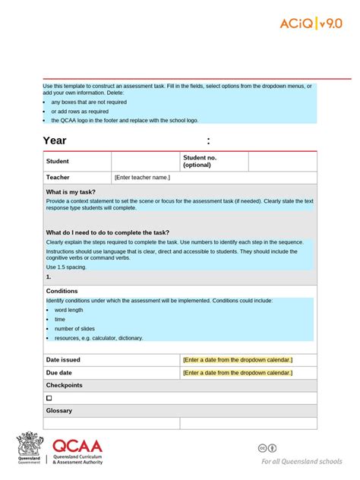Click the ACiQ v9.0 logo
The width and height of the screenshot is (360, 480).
(x=311, y=24)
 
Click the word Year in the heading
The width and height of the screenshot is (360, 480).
(x=55, y=141)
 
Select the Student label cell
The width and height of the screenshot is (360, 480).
(x=58, y=161)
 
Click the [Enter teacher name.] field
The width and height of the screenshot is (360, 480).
(x=142, y=178)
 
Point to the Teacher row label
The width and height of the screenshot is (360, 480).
(x=58, y=178)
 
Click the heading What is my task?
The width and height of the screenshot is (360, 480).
(x=71, y=192)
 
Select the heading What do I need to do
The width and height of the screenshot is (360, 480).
(x=107, y=232)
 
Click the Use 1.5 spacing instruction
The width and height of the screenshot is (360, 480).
(x=66, y=267)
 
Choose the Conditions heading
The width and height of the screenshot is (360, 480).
(x=62, y=291)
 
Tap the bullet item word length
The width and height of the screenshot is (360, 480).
(x=69, y=310)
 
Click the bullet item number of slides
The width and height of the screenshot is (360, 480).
(x=74, y=329)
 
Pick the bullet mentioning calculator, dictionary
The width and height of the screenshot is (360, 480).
(x=99, y=338)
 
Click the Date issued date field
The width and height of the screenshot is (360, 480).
(x=238, y=359)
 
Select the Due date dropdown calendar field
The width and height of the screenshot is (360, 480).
(x=238, y=373)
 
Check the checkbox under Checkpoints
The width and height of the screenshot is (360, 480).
(x=49, y=398)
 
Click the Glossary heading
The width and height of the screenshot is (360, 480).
(x=59, y=411)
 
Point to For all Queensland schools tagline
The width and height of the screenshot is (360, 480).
(x=302, y=461)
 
